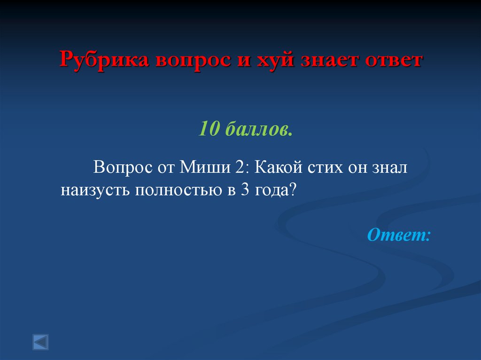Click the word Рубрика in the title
coord(100,61)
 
